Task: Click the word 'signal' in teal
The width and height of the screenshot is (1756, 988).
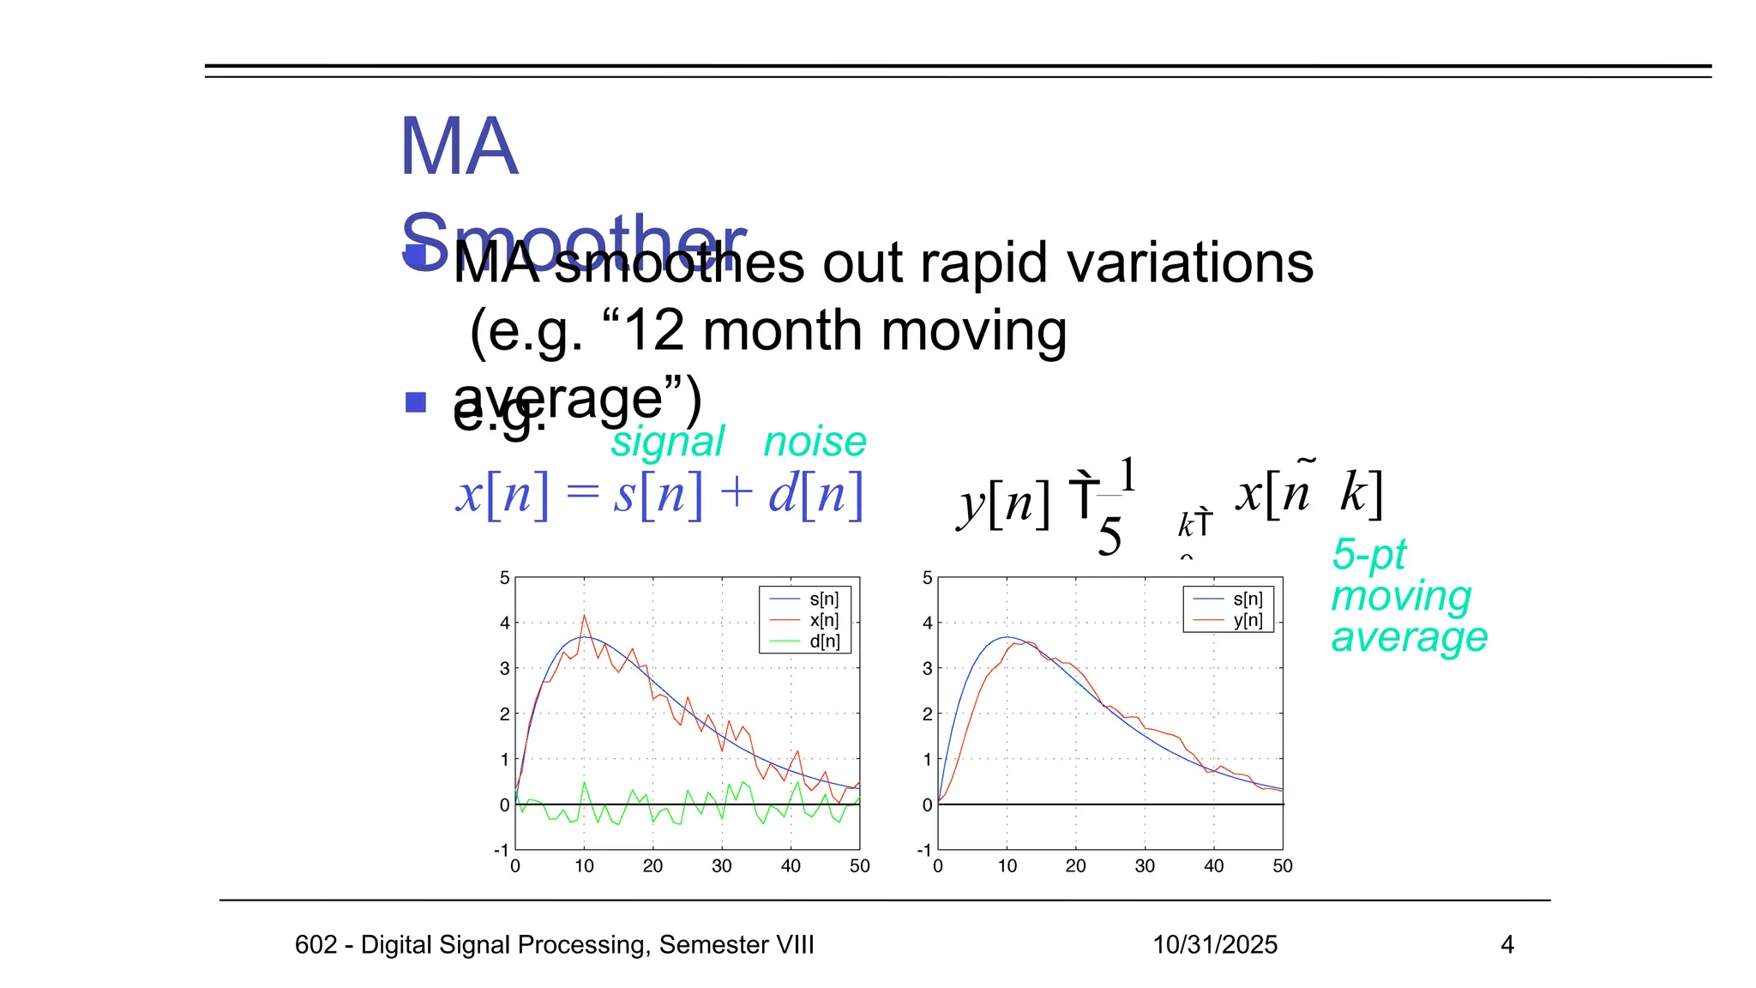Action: click(667, 443)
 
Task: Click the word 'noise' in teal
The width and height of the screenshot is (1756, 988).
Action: click(815, 443)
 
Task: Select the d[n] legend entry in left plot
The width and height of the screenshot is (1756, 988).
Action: click(823, 641)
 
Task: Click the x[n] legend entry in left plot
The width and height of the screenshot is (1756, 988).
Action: click(823, 620)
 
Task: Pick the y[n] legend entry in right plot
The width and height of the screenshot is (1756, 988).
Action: click(1248, 620)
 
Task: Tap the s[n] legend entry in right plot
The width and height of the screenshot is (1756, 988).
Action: click(1248, 599)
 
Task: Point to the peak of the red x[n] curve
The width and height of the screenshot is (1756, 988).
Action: click(585, 615)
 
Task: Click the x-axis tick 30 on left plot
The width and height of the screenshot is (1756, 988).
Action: click(722, 866)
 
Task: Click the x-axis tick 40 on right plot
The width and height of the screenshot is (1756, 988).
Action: click(1213, 866)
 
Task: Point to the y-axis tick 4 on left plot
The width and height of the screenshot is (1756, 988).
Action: click(505, 624)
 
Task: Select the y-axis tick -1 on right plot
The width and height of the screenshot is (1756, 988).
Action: click(924, 850)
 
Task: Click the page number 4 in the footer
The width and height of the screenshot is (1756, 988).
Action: click(1507, 945)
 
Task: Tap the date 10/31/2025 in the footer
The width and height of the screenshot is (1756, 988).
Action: click(1215, 945)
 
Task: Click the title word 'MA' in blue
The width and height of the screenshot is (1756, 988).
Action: click(459, 148)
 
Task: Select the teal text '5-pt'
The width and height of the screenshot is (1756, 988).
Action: click(1368, 556)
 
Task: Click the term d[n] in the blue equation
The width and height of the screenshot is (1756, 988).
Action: click(815, 495)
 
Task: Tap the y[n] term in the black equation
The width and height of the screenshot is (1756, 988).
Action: click(1004, 502)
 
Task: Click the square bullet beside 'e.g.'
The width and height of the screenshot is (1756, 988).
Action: click(416, 402)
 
